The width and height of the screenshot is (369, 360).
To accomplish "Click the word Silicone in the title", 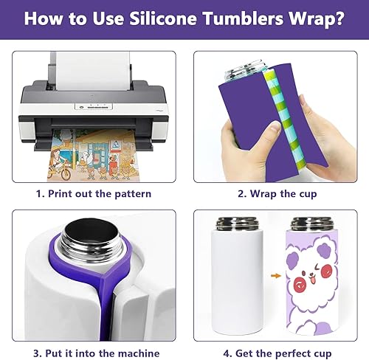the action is pyautogui.click(x=163, y=18).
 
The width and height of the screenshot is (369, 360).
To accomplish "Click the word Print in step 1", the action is pyautogui.click(x=59, y=193).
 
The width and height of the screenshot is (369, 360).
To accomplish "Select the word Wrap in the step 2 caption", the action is pyautogui.click(x=263, y=194).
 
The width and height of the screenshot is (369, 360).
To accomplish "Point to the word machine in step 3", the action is pyautogui.click(x=139, y=353).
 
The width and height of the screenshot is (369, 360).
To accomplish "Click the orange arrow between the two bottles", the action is pyautogui.click(x=276, y=276).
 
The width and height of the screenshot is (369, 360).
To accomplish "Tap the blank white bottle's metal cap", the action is pyautogui.click(x=237, y=224).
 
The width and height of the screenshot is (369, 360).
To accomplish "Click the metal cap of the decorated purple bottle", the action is pyautogui.click(x=312, y=224).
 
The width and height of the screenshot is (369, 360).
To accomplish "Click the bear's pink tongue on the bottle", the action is pyautogui.click(x=313, y=280).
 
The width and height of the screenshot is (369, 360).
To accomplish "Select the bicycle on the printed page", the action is pyautogui.click(x=59, y=170).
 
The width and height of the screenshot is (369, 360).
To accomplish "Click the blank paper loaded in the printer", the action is pyautogui.click(x=93, y=70).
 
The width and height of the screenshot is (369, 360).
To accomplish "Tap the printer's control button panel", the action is pyautogui.click(x=94, y=106).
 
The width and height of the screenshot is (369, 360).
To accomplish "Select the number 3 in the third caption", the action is pyautogui.click(x=36, y=353).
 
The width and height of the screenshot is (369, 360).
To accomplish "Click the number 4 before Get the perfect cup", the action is pyautogui.click(x=227, y=353).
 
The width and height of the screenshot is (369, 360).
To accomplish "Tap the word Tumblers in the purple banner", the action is pyautogui.click(x=244, y=18).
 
